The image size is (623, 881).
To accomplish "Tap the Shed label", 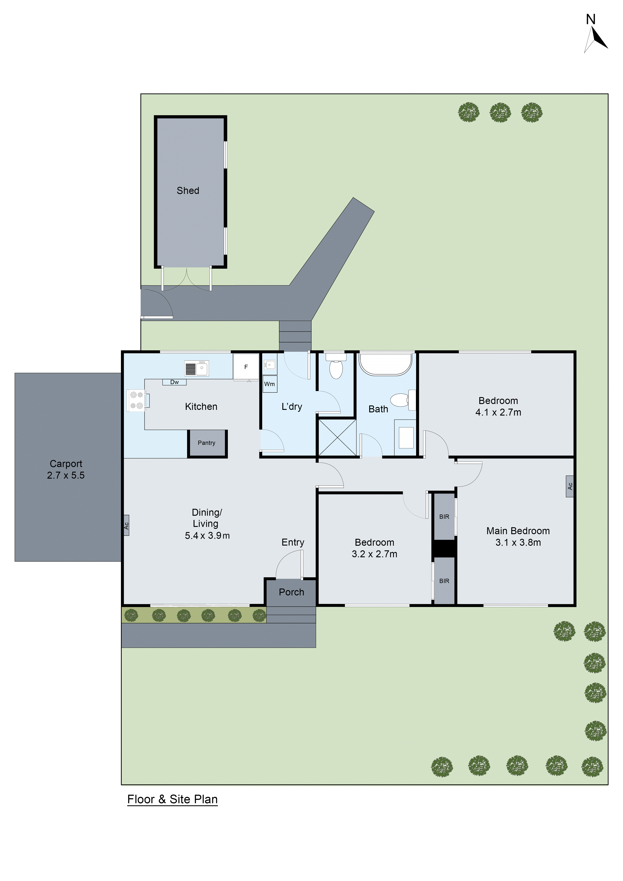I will (188, 191).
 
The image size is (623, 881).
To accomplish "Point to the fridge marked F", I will (246, 367).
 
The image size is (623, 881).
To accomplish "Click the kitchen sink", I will (196, 368).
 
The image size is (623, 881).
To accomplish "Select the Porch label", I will (291, 592).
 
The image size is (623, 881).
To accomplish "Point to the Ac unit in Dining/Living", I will (126, 525).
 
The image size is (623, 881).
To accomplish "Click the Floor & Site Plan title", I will (172, 799).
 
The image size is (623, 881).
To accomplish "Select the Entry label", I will (293, 542).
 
